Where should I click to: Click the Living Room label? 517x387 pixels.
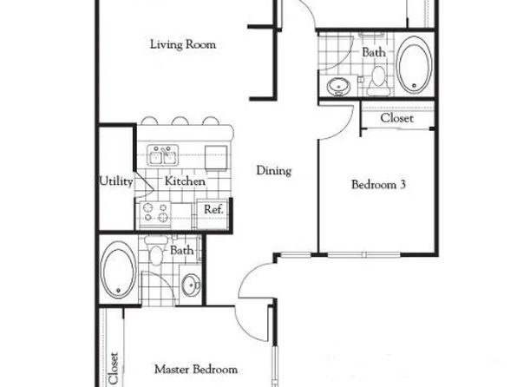182,44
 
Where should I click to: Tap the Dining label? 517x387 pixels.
273,171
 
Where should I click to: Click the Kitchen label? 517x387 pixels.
185,182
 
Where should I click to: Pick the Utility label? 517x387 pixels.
115,182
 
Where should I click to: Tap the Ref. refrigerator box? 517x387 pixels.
213,209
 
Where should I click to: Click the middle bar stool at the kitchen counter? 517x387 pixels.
180,121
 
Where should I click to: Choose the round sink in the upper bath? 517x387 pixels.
338,86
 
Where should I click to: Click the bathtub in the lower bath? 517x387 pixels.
116,270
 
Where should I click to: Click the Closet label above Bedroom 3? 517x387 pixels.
397,118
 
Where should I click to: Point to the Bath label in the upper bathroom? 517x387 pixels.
374,52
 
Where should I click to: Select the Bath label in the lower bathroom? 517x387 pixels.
182,251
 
